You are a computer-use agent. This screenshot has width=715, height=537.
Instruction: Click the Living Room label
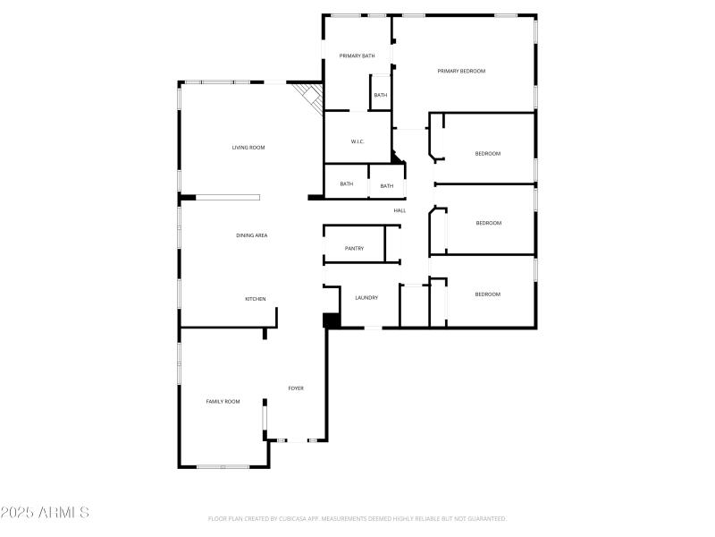point(248,148)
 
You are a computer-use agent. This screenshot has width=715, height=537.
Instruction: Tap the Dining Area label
point(252,235)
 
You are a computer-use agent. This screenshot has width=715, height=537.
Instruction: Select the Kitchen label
point(256,299)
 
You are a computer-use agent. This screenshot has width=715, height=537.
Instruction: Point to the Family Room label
point(223,402)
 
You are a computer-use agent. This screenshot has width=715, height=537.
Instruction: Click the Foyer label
point(296,388)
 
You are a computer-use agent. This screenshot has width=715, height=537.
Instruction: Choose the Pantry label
point(354,249)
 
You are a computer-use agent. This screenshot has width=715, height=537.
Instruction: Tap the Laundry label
point(366,298)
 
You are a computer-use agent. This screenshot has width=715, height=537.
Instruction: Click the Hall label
point(400,210)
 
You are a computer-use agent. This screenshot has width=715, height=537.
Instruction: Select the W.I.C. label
point(357,141)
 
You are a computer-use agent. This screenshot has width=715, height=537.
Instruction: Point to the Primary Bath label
point(357,56)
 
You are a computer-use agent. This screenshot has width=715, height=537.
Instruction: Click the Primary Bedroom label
point(461,71)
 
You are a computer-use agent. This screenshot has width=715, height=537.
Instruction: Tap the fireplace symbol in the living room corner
point(309,97)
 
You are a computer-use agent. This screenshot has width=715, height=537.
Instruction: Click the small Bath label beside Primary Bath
point(381,96)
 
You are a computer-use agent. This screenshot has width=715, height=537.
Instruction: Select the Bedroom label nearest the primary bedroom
point(488,154)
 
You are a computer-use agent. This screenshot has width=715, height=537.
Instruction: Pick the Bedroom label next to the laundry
point(487,294)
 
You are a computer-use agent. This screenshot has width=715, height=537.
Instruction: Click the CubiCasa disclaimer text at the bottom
point(357,519)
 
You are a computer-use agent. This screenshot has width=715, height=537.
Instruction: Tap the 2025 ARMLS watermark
point(45,513)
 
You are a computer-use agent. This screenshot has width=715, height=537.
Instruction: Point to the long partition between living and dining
point(229,197)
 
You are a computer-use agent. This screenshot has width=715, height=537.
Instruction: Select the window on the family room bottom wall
point(223,466)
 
